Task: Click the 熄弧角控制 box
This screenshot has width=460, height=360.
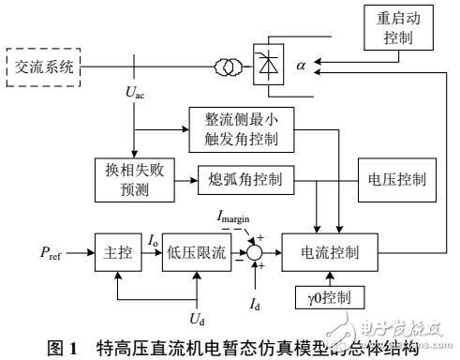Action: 242,177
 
